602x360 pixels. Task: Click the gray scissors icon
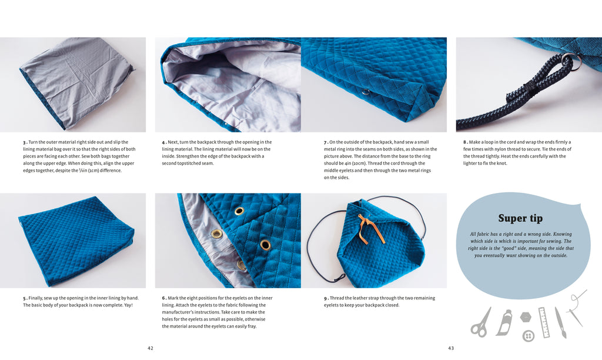click(x=481, y=323)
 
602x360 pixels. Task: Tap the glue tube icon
click(x=504, y=322)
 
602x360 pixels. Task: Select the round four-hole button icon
click(x=529, y=336)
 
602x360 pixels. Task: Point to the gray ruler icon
click(x=544, y=322)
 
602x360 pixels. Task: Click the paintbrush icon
click(x=560, y=322)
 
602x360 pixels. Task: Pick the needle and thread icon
click(x=577, y=308)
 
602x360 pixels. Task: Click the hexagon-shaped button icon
click(x=526, y=318)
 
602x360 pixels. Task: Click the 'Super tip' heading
click(x=520, y=218)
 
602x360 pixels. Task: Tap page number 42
click(x=150, y=348)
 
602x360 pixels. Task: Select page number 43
click(x=451, y=348)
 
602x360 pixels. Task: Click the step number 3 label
click(x=25, y=142)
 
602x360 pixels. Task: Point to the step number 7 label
click(x=326, y=142)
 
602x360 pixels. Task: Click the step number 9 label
click(x=326, y=298)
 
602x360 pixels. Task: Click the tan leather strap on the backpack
click(x=369, y=228)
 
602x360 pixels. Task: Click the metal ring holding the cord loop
click(x=570, y=62)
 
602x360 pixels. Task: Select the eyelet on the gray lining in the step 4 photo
click(x=225, y=125)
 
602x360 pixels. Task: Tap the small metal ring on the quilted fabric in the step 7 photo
click(x=366, y=92)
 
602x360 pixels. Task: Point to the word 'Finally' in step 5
click(x=36, y=298)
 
